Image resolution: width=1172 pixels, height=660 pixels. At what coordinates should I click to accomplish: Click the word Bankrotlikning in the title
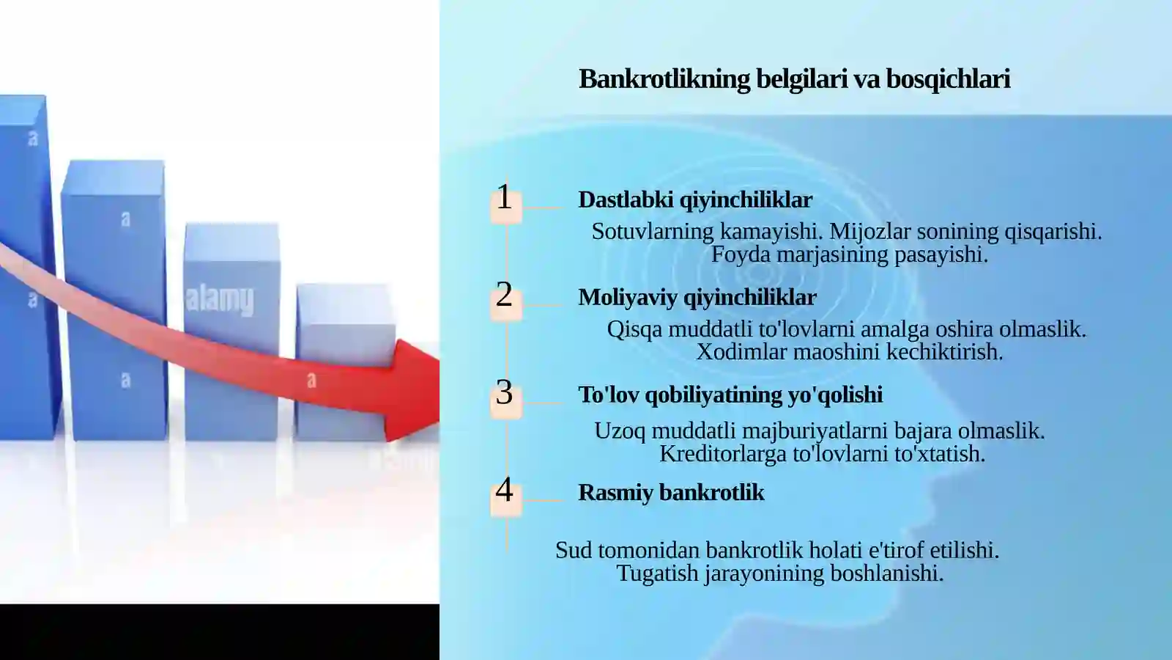click(664, 79)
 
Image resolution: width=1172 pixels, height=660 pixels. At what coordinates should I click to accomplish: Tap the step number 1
click(504, 197)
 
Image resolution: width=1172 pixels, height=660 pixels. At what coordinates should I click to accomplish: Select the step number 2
click(504, 295)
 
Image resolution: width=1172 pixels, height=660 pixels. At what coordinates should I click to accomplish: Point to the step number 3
click(504, 392)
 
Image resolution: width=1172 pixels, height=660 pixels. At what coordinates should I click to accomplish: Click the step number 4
click(504, 490)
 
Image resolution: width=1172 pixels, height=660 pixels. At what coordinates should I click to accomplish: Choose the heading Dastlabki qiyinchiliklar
click(694, 199)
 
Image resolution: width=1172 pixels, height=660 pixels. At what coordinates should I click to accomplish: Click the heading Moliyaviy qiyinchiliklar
click(697, 297)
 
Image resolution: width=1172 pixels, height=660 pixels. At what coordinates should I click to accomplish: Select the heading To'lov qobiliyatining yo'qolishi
click(730, 395)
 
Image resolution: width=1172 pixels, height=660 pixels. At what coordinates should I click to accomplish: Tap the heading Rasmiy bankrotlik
click(670, 492)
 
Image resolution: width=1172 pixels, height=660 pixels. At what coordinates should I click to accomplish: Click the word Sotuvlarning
click(653, 232)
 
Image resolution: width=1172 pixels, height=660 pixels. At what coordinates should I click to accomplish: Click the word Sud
click(573, 550)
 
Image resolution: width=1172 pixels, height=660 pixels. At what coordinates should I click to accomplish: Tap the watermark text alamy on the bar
click(219, 299)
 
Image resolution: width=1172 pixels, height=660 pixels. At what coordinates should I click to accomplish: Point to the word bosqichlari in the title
click(948, 79)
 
